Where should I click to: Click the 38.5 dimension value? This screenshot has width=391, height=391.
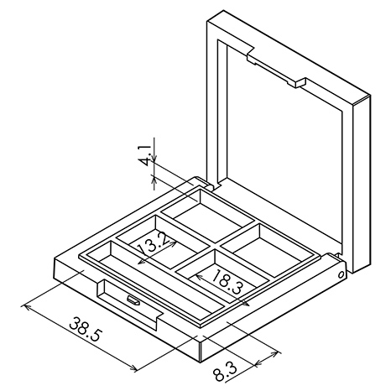pyautogui.click(x=85, y=329)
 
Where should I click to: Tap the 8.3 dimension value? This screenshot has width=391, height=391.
pyautogui.click(x=225, y=371)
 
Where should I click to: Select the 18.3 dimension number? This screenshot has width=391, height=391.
pyautogui.click(x=227, y=282)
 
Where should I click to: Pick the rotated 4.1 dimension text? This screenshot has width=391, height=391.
pyautogui.click(x=146, y=155)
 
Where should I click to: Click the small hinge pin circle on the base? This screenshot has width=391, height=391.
pyautogui.click(x=341, y=274)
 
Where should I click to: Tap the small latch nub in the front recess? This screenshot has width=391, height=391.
pyautogui.click(x=133, y=300)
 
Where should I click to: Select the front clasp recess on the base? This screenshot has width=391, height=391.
pyautogui.click(x=129, y=303)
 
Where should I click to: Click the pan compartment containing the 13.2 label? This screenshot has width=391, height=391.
pyautogui.click(x=163, y=241)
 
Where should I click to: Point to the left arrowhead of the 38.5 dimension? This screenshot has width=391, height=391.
pyautogui.click(x=25, y=307)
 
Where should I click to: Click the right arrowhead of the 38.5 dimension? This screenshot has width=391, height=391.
pyautogui.click(x=134, y=368)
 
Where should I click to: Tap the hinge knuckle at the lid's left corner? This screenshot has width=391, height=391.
pyautogui.click(x=203, y=182)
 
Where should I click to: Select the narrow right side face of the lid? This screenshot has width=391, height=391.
pyautogui.click(x=362, y=184)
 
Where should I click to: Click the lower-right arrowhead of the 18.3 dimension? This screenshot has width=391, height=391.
pyautogui.click(x=246, y=304)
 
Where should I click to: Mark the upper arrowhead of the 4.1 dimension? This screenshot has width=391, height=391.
pyautogui.click(x=154, y=159)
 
